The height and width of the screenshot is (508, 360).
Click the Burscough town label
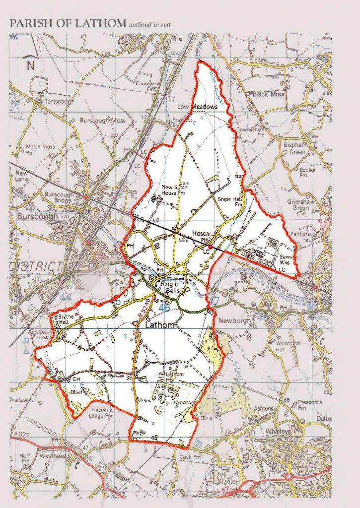pyautogui.click(x=34, y=217)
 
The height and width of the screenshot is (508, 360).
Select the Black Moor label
pyautogui.click(x=269, y=94)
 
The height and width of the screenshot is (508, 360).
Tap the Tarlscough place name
pyautogui.click(x=60, y=101)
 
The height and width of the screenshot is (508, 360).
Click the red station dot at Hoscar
pyautogui.click(x=210, y=247)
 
